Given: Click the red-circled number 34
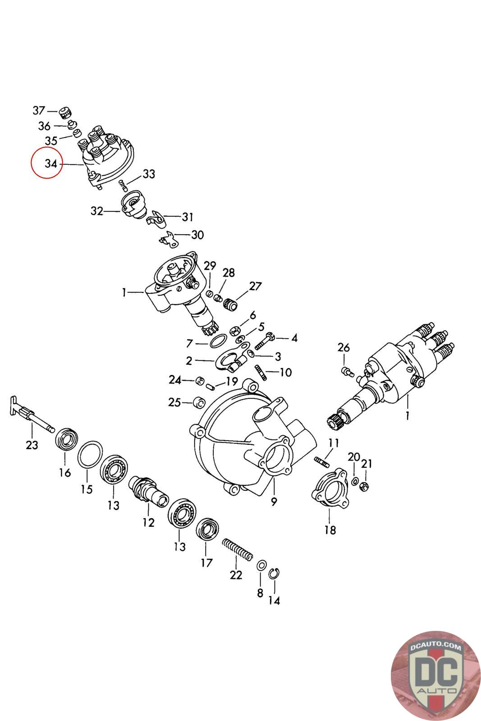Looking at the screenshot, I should coord(50,164).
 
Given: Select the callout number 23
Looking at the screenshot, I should coord(32,445).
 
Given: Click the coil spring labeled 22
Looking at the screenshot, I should coord(237,549).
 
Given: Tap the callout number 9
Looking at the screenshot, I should coord(274,502).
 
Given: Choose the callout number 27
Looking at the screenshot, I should coord(255,286).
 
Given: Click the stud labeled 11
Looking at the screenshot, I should coord(322,461).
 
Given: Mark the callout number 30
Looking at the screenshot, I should coord(197,234).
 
